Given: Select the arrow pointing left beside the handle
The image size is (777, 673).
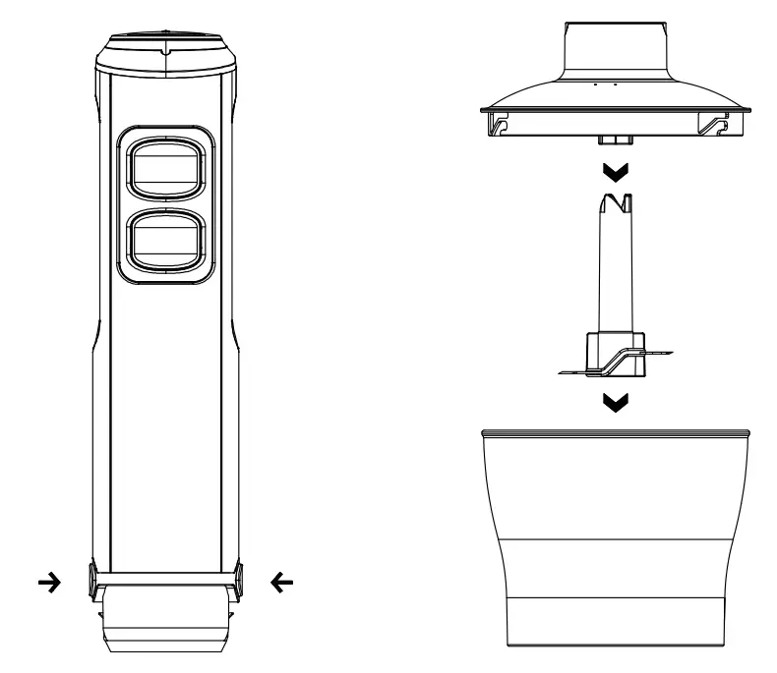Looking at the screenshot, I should tap(281, 583).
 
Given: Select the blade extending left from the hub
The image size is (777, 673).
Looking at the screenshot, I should tap(574, 371).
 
